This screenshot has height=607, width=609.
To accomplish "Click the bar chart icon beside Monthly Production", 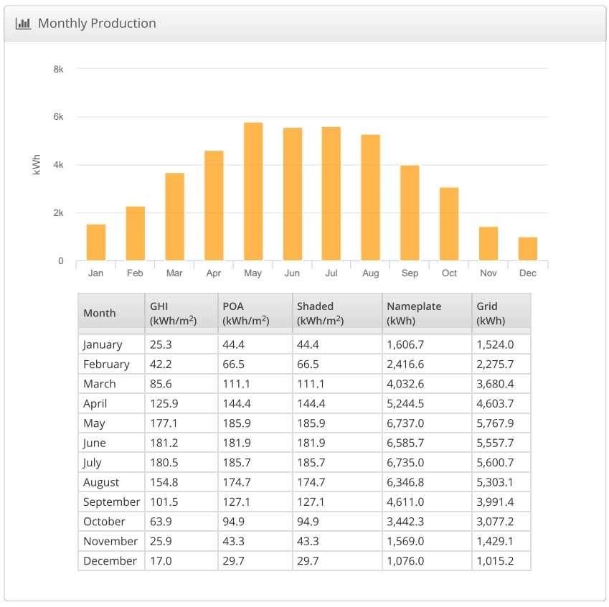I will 23,23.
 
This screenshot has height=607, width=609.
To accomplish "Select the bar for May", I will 253,192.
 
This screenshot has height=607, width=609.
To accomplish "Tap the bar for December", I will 527,248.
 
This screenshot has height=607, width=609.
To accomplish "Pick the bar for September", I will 410,212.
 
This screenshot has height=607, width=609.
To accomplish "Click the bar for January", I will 96,242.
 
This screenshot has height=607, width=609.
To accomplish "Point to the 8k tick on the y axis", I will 58,69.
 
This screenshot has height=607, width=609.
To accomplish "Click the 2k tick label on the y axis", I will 58,213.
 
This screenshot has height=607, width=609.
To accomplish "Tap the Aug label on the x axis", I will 371,273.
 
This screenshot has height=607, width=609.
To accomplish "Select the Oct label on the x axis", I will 449,273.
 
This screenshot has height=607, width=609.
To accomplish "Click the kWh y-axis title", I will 37,165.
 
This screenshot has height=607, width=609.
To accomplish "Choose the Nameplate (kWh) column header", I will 414,313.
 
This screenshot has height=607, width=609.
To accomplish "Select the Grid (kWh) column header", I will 491,313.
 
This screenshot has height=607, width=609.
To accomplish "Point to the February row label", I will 106,364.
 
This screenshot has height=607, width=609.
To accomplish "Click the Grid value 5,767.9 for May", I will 495,423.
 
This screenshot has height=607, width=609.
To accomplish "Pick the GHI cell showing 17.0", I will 161,561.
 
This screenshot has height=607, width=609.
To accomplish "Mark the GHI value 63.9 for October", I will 161,522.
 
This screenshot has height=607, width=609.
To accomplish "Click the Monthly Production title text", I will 97,23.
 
